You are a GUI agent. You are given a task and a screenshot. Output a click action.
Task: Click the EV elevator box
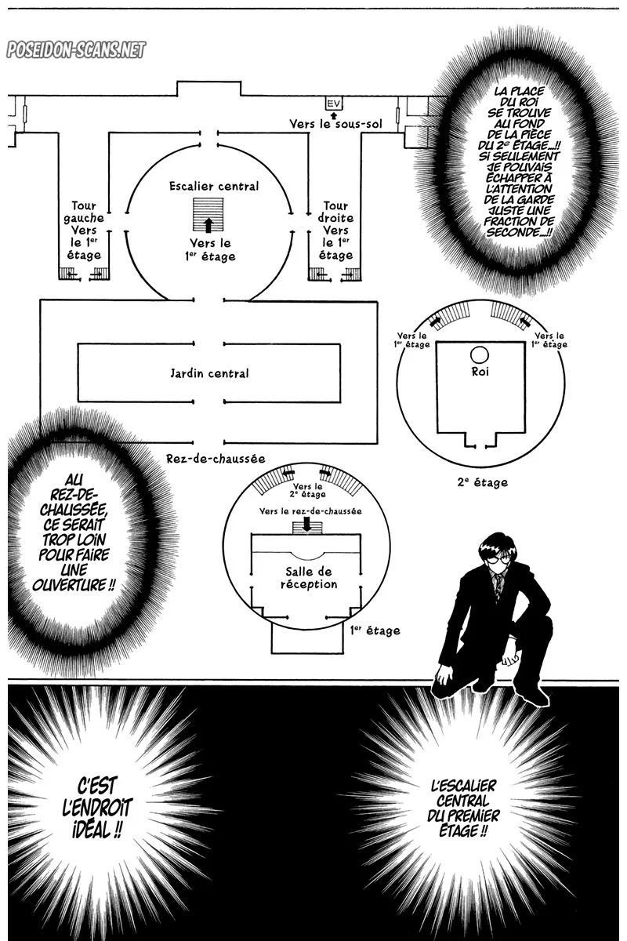coord(333,103)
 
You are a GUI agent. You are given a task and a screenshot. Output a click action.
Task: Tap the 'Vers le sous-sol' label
coord(335,124)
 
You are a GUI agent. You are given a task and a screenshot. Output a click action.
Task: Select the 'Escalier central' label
coord(214,186)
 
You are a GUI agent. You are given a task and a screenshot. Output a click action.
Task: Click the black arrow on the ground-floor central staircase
coord(208,225)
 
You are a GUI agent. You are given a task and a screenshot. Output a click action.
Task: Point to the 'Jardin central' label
coord(209,373)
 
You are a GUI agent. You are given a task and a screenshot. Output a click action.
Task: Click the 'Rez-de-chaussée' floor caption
coord(216,458)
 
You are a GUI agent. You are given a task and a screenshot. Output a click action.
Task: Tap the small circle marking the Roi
coord(480,355)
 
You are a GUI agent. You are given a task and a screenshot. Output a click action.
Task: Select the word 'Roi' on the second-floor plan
coord(480,372)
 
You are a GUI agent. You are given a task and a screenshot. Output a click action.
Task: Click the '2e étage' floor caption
coord(483,483)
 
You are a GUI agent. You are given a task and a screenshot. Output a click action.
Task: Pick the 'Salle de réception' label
coord(309,578)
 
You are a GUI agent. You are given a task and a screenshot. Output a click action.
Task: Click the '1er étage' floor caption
coord(375,630)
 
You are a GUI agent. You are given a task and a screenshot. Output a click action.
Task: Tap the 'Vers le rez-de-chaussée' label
coord(310,511)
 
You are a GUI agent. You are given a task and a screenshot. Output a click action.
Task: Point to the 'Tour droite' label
coord(335,212)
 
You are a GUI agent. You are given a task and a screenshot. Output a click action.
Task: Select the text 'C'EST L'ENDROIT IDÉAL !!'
coord(97,808)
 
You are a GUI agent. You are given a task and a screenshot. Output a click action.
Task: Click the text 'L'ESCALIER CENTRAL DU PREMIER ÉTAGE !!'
coord(463,808)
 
